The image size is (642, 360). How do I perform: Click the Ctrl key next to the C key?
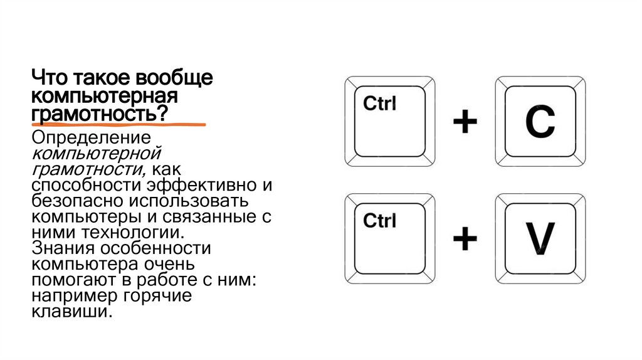[389, 121]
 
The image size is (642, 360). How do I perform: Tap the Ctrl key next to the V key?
[389, 238]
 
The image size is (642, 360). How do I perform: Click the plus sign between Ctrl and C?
[465, 122]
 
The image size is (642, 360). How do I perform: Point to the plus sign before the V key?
[465, 239]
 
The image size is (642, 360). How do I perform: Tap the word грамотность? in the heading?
[100, 114]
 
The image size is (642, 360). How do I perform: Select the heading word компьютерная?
[105, 97]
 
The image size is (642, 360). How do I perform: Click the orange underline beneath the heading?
[119, 125]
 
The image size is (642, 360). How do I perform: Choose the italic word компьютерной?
[97, 153]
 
